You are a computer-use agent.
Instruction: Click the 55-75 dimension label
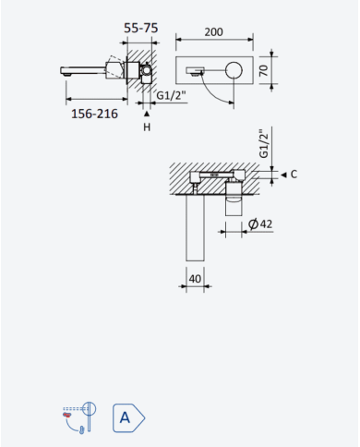coord(141,28)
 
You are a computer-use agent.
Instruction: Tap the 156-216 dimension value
coord(94,114)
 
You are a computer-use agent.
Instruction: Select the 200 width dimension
coord(214,32)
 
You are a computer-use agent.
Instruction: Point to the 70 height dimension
coord(264,70)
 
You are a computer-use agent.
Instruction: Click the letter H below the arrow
coord(147,127)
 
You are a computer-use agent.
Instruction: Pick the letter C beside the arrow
coord(294,175)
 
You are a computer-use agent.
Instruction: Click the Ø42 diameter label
coord(260,223)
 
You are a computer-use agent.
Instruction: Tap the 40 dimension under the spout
coord(195,279)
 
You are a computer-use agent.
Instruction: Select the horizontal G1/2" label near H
coord(172,95)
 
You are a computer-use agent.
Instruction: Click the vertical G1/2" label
coord(264,143)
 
